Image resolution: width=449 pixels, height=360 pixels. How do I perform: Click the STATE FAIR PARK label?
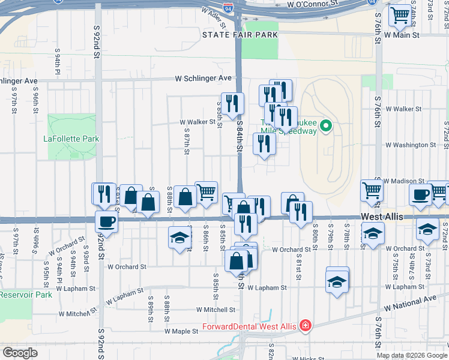coord(240,35)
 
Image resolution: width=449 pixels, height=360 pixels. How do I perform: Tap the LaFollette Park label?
coord(71,139)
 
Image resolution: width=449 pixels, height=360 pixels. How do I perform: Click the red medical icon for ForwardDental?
coord(306,326)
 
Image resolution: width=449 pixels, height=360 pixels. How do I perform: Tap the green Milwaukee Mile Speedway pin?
coord(326,126)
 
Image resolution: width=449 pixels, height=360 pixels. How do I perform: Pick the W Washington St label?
coord(411,145)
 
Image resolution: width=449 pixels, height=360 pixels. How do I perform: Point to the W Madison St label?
coord(403,181)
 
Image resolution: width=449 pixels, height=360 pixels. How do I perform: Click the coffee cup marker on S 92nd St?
coord(107,222)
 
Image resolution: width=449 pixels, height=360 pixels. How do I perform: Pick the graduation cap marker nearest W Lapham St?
coord(337,282)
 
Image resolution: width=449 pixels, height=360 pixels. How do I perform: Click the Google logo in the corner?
coord(20,353)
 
